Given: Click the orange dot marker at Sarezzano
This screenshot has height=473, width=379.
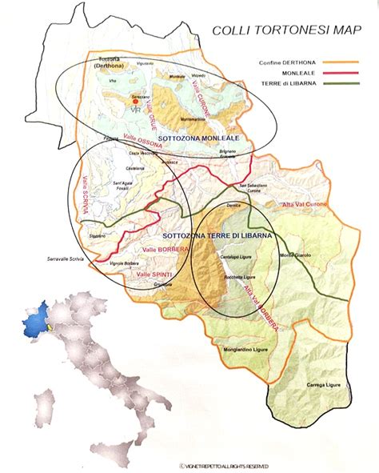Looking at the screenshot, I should click(136, 102).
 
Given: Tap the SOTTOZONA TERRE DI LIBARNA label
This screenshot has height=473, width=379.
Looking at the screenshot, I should click(217, 236).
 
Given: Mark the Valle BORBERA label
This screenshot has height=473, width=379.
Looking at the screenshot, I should click(154, 251).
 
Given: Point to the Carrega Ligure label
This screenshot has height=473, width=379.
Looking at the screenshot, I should click(326, 386).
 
